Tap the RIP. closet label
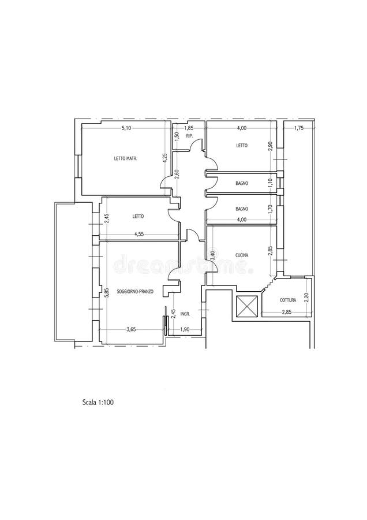point(189,136)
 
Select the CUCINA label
point(241,255)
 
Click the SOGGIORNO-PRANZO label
point(134,292)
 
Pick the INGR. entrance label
point(185,314)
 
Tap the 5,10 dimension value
point(126,128)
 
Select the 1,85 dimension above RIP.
point(188,128)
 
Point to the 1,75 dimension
point(298,128)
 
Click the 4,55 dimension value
point(138,234)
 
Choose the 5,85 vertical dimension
point(107,292)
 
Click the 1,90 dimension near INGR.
point(185,329)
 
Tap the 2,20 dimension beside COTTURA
point(307,298)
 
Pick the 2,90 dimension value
point(269,146)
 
